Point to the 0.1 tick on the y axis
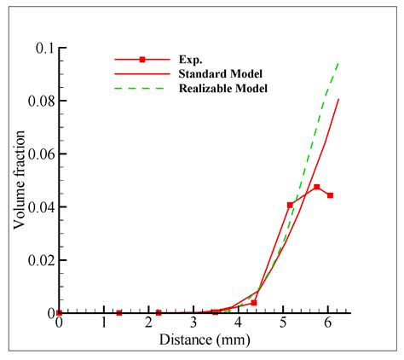point(43,49)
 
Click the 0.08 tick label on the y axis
point(38,102)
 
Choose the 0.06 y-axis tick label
point(38,154)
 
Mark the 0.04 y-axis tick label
point(38,207)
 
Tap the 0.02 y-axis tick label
point(38,260)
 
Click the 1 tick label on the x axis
point(104,325)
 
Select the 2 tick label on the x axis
point(148,325)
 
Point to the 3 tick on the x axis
point(193,325)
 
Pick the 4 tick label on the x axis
point(239,325)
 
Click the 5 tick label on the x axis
point(284,325)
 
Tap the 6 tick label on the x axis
point(329,325)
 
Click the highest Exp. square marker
point(317,187)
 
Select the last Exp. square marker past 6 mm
point(330,195)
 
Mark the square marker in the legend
point(142,60)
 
